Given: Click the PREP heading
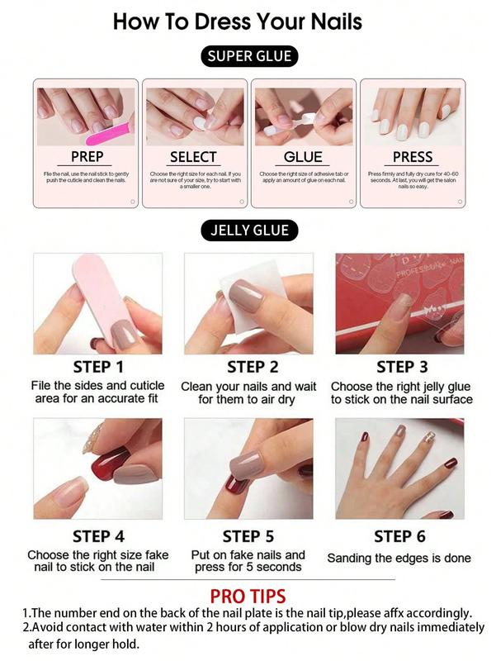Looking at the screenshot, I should point(87,156).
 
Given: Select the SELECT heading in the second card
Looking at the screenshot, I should point(193,156).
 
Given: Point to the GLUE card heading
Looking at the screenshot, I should point(303,156).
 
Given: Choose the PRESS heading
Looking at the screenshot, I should point(412,156).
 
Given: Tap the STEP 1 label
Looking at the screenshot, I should point(97,367).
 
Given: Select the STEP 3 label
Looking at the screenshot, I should point(402,367).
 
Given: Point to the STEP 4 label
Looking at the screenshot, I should point(97,536).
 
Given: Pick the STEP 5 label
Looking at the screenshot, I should point(248,536).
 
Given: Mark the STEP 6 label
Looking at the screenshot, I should point(399,536).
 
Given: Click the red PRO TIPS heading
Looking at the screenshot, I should point(248,596).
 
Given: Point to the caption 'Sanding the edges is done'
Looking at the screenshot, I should point(399,559).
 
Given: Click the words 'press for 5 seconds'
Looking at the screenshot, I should point(248,567).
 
